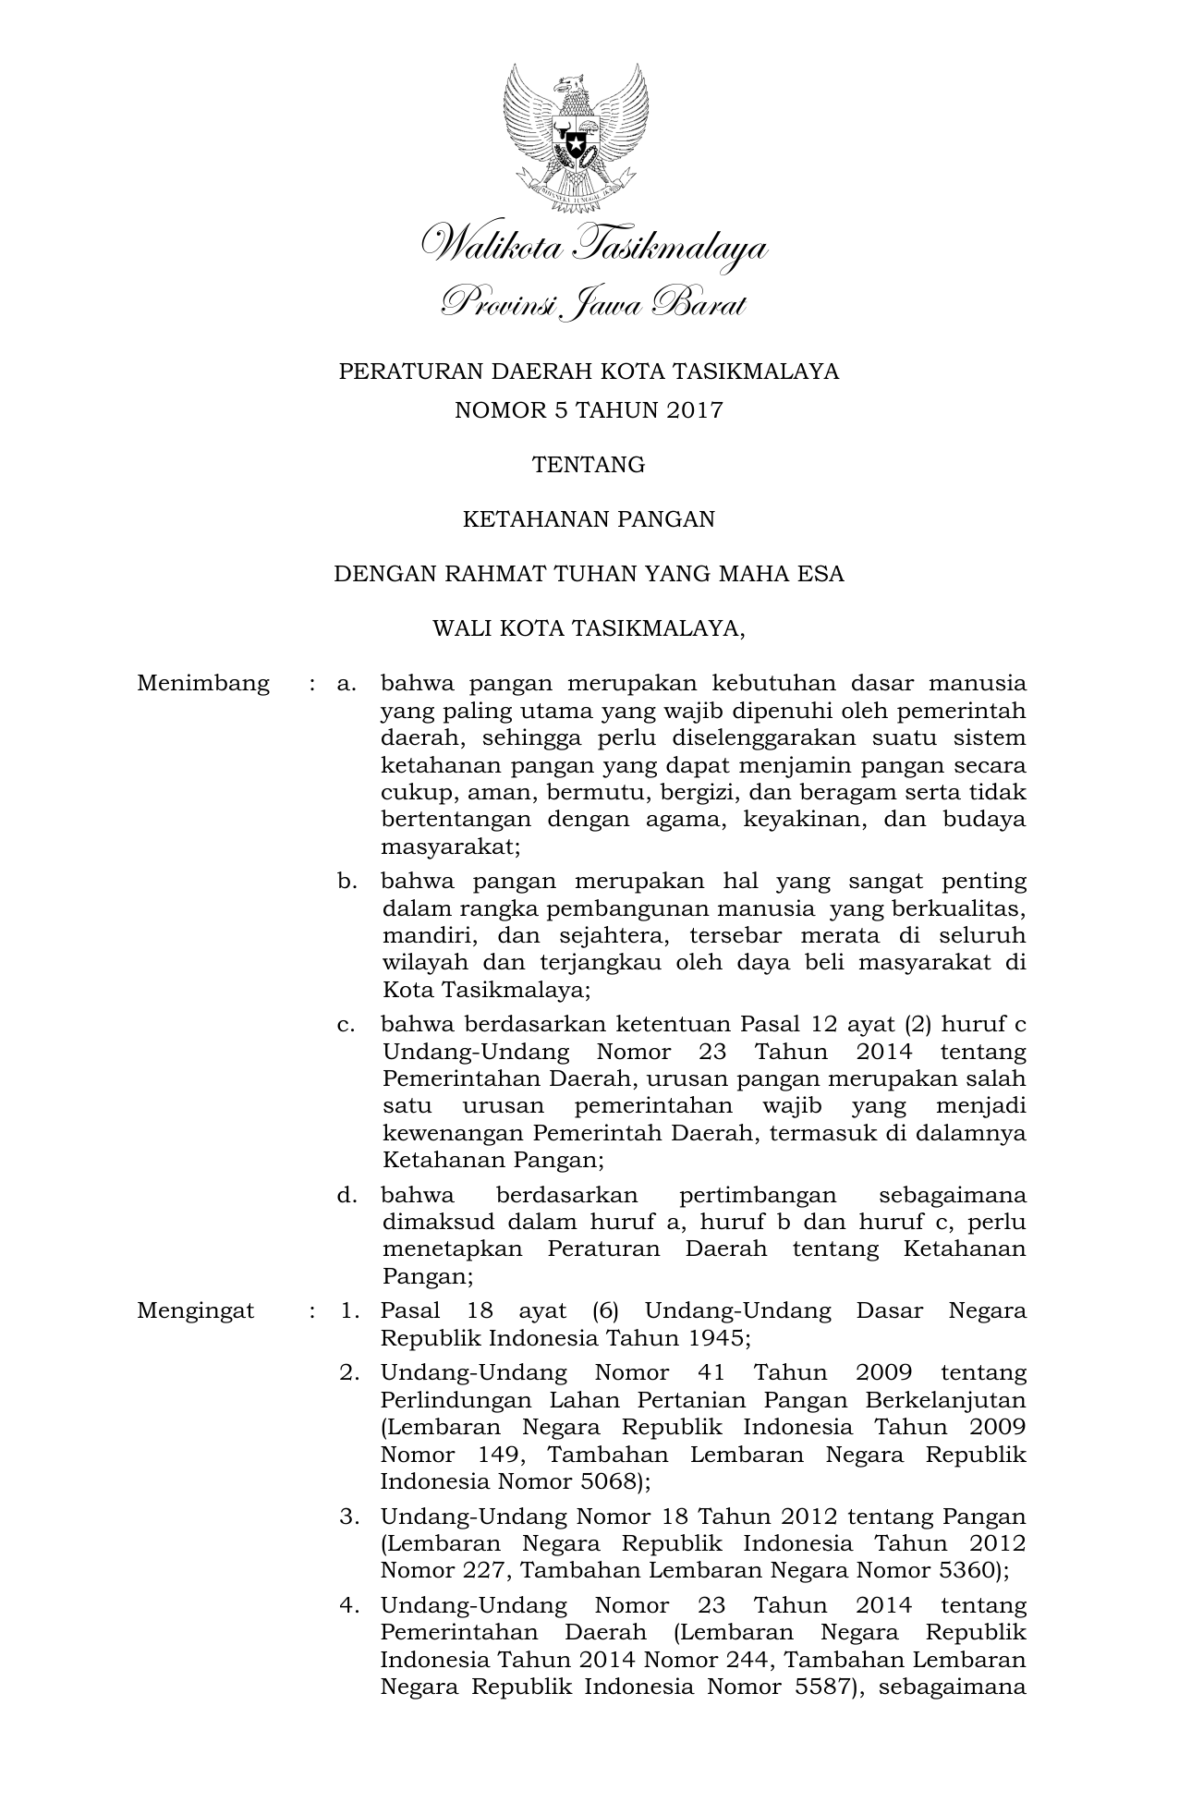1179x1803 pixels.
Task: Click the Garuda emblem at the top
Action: (x=576, y=134)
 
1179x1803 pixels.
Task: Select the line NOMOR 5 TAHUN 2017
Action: (x=589, y=410)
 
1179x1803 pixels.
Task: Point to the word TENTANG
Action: (x=589, y=465)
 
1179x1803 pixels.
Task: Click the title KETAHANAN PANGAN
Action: (x=589, y=519)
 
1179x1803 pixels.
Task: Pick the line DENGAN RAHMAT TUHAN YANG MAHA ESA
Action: (x=589, y=574)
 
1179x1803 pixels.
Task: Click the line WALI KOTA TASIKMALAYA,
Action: (x=589, y=629)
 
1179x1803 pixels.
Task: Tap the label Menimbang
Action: (x=203, y=684)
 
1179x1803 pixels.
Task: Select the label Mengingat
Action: (x=196, y=1311)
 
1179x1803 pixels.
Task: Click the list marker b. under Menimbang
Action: (x=347, y=882)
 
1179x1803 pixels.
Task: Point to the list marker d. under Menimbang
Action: (x=347, y=1196)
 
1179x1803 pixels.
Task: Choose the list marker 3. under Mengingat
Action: (x=349, y=1517)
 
